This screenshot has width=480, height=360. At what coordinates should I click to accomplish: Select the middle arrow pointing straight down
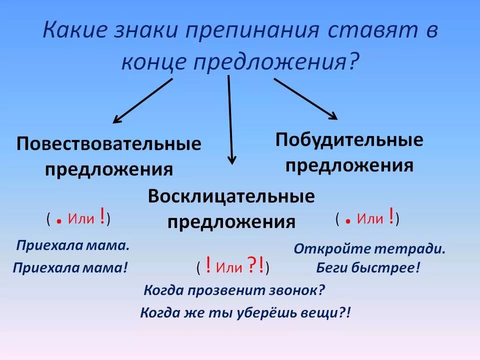230,120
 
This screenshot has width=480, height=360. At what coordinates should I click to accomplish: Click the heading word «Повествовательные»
109,144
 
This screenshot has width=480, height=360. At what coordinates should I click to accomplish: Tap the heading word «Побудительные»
349,140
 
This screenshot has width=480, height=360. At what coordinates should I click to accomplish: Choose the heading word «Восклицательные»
231,196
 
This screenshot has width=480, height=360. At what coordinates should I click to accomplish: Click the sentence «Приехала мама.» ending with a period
73,245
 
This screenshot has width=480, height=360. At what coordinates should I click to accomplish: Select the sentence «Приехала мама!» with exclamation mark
70,267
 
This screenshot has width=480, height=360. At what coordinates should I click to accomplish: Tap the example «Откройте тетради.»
369,248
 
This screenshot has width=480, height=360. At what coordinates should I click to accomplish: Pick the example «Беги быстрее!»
368,267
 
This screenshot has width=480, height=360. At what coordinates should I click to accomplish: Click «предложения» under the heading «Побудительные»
349,165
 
